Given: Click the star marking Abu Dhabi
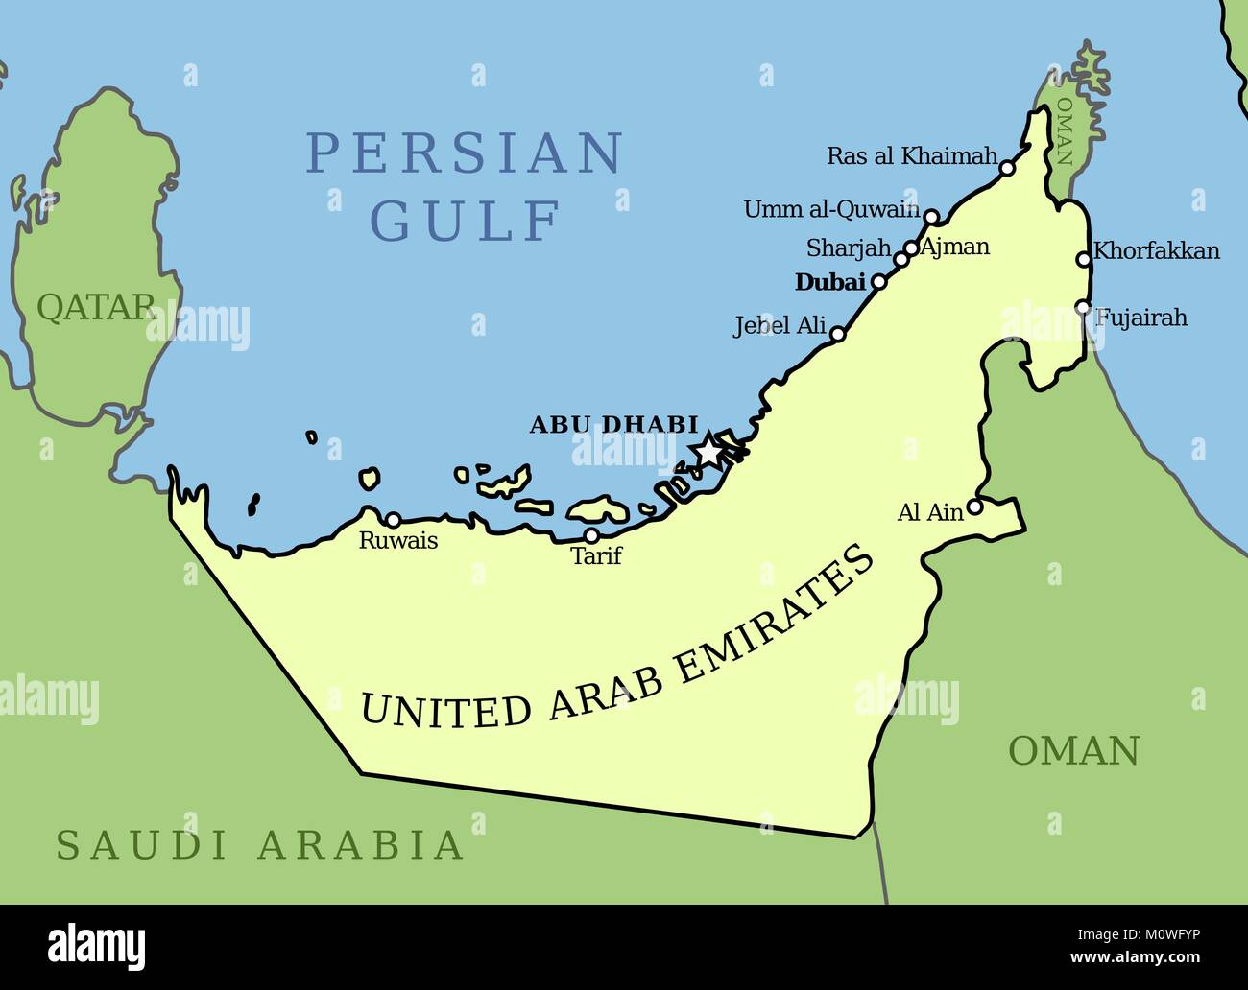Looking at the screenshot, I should (x=708, y=449).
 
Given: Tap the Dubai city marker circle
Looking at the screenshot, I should (x=877, y=282).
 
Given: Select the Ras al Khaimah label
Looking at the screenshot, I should (x=912, y=156).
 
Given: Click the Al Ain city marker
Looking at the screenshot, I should (x=974, y=507).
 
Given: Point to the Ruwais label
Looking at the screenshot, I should (x=397, y=541).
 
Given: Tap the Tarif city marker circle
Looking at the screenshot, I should (x=591, y=535).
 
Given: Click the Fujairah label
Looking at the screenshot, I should (x=1142, y=318).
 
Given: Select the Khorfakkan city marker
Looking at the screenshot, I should (x=1084, y=258).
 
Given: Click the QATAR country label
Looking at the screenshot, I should (x=95, y=307).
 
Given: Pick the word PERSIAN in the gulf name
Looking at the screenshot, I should (x=465, y=153).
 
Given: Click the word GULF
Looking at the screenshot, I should (x=466, y=222).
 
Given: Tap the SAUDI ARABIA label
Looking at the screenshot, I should (x=260, y=845).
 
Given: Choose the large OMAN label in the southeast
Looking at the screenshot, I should (x=1073, y=750).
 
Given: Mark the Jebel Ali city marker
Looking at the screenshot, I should (x=837, y=334).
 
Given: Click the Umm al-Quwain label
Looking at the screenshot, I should (x=831, y=209).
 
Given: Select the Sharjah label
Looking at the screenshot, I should (x=849, y=248).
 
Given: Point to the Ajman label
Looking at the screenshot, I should (x=954, y=247).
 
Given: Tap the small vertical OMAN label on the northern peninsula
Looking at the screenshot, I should (x=1064, y=130).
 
